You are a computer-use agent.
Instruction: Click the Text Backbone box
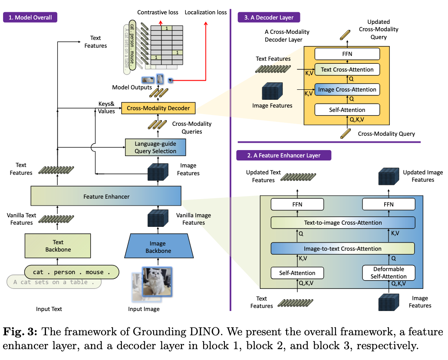tap(58, 246)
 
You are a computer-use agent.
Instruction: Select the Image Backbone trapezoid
tap(158, 247)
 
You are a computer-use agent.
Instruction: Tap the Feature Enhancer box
tap(106, 196)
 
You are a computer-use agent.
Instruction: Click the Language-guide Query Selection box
tap(155, 147)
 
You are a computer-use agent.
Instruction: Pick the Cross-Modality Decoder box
tap(158, 108)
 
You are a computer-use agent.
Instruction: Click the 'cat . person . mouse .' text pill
tap(71, 272)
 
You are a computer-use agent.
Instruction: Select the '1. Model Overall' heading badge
tap(30, 17)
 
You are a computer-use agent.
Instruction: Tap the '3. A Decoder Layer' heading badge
tap(269, 17)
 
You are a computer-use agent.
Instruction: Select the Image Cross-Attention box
tap(347, 90)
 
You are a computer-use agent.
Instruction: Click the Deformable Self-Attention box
tap(389, 273)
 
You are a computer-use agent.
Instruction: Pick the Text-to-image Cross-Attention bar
tap(343, 223)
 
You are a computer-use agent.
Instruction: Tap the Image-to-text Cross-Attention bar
tap(343, 249)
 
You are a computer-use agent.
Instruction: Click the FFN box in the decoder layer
tap(347, 54)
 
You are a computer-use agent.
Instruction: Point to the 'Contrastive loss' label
tap(158, 13)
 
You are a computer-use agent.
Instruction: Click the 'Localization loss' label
tap(206, 13)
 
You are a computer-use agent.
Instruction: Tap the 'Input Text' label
tap(49, 309)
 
